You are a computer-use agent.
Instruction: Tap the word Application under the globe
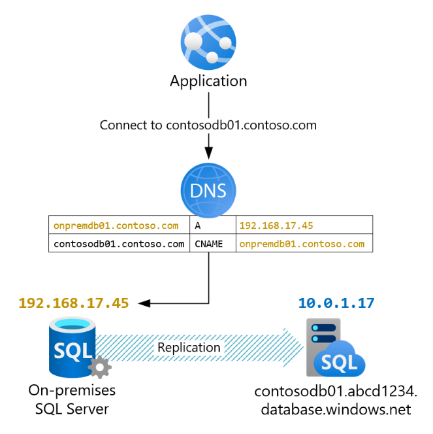point(208,82)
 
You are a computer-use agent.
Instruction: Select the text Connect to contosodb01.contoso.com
point(208,125)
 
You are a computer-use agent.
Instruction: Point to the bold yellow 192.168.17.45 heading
point(74,303)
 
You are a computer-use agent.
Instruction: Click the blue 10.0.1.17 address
point(336,303)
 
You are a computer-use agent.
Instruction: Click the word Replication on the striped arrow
point(189,348)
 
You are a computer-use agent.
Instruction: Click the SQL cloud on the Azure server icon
point(340,362)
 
